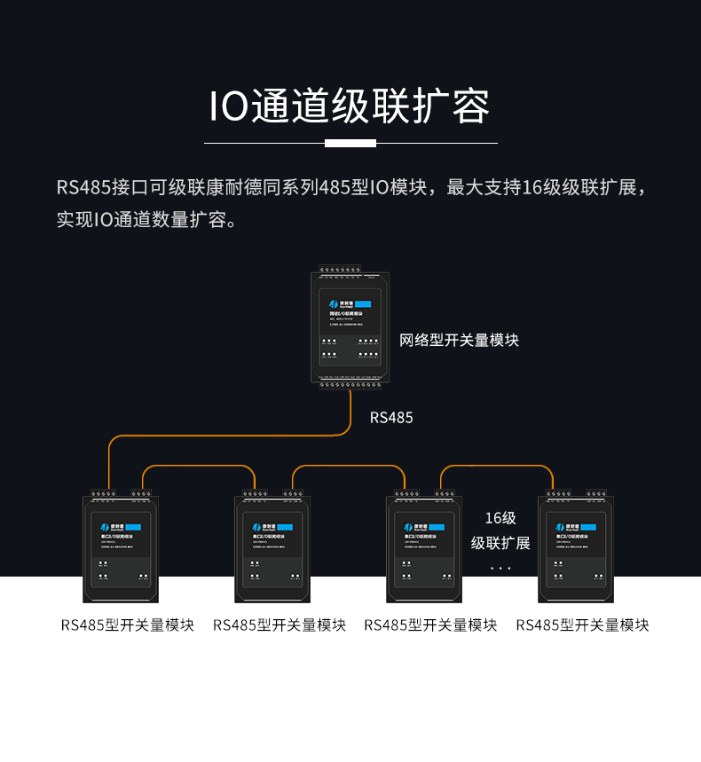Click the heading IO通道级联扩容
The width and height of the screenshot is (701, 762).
coord(350,106)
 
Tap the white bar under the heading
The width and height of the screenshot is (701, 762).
coord(350,143)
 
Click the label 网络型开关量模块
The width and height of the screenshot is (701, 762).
coord(459,340)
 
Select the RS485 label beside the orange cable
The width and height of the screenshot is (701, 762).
coord(391,417)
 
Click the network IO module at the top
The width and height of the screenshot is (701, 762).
coord(348,326)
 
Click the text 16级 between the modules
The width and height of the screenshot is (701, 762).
coord(500,518)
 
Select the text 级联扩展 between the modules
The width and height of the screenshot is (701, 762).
coord(500,543)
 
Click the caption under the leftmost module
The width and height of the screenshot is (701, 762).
coord(128,625)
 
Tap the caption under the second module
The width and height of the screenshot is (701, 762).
coord(280,625)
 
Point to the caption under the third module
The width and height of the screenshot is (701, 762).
coord(430,625)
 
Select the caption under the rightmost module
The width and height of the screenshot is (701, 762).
coord(582,625)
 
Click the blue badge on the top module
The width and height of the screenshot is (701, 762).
coord(356,304)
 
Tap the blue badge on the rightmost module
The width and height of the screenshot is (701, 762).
coord(582,527)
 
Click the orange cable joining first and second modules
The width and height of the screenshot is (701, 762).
coord(200,466)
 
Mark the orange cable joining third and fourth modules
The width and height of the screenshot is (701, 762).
coord(497,466)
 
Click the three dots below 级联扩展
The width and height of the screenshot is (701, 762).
coord(500,568)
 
